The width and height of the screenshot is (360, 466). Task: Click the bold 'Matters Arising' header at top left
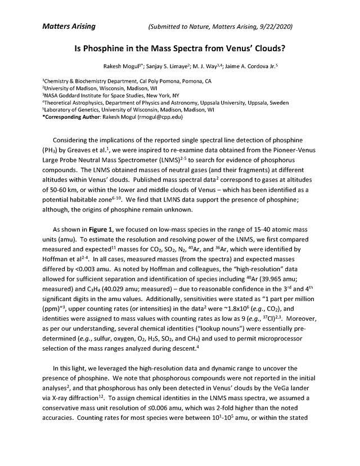click(69, 26)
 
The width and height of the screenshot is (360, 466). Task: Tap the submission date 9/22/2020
click(274, 26)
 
